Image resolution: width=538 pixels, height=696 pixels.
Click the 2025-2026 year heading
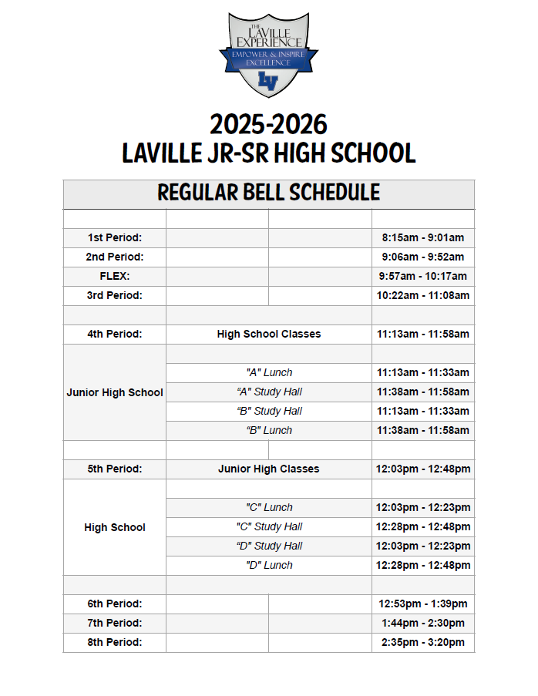[268, 125]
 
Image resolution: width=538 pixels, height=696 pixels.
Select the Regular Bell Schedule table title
[268, 193]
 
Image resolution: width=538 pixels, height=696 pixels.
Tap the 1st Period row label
[115, 238]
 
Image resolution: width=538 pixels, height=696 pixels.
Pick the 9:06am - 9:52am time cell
[422, 257]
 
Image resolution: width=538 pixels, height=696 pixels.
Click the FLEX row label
[115, 276]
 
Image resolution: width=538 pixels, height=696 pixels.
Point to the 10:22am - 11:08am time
[422, 295]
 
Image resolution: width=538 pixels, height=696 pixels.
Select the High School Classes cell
[268, 334]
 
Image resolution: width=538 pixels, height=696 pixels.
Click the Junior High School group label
[115, 392]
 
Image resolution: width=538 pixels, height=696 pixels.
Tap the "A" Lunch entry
[268, 372]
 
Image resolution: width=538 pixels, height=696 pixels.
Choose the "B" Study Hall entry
[268, 411]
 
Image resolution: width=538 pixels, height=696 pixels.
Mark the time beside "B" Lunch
[422, 430]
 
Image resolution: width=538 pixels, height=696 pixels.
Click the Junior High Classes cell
[268, 469]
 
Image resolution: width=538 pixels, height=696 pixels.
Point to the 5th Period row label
[115, 469]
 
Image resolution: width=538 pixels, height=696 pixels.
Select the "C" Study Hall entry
[268, 526]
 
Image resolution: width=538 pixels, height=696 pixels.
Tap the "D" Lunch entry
[268, 565]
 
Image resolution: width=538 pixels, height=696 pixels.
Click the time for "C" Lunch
[422, 507]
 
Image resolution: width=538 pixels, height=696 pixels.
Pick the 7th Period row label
[115, 623]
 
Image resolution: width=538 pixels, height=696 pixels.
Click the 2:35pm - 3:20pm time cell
[422, 642]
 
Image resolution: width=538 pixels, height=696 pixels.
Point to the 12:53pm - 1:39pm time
[422, 604]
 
